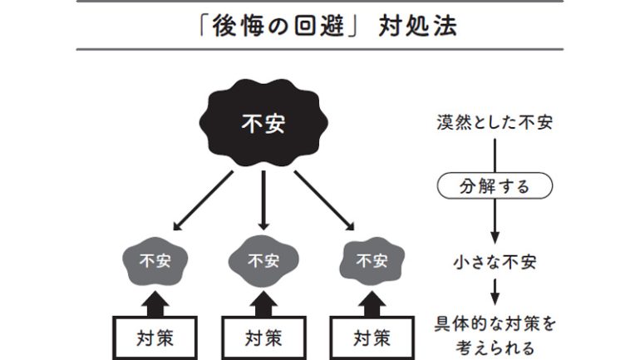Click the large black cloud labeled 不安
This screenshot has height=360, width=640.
(263, 123)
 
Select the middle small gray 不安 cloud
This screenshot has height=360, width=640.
(263, 261)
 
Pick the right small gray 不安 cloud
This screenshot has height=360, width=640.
(371, 261)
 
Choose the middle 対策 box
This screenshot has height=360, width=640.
(263, 338)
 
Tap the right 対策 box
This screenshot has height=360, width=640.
(372, 338)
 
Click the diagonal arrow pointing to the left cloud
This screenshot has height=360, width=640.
(204, 200)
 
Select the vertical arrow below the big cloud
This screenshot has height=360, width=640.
(263, 200)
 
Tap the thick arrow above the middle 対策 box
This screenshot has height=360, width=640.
(263, 301)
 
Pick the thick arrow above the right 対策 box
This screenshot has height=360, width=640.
(371, 301)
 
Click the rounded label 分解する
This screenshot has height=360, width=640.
(495, 186)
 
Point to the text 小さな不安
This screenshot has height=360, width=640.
(495, 262)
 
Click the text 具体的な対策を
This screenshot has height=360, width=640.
(495, 323)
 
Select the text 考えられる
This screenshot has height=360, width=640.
(495, 348)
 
